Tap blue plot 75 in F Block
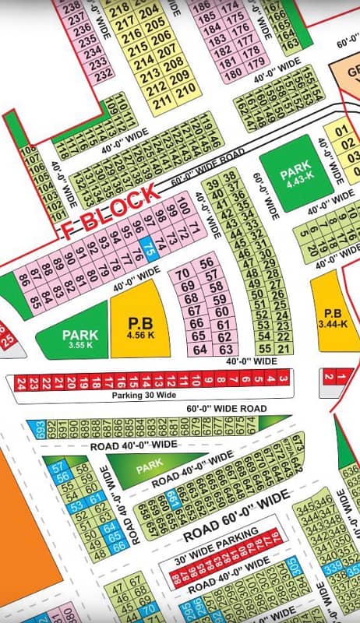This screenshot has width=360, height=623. [151, 249]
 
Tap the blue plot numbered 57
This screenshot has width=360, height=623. [55, 466]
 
